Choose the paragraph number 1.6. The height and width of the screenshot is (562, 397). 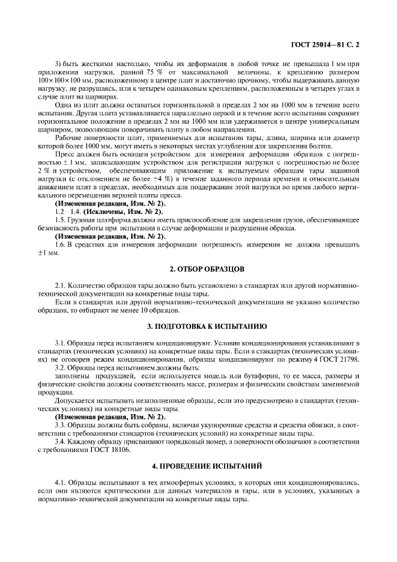60,244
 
